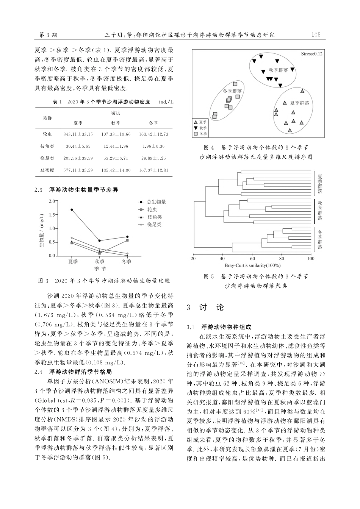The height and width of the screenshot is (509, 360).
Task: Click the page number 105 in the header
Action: (x=315, y=35)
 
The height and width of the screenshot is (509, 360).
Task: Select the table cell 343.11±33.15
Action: (x=78, y=134)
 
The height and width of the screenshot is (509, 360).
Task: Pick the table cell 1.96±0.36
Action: (x=153, y=146)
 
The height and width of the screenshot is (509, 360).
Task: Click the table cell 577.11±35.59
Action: (x=78, y=170)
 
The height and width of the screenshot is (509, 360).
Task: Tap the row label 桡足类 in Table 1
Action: (x=47, y=158)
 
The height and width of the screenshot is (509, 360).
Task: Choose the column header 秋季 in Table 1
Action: (x=116, y=123)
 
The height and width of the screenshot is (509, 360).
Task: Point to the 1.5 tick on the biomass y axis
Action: (x=52, y=215)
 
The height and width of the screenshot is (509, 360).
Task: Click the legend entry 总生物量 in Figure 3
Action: (x=156, y=202)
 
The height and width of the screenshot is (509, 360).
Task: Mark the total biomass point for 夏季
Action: (x=72, y=210)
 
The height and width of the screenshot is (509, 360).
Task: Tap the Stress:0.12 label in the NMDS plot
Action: (x=311, y=54)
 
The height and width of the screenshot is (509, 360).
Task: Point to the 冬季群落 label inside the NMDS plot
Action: (x=232, y=91)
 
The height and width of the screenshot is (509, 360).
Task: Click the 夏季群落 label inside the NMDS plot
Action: (x=299, y=103)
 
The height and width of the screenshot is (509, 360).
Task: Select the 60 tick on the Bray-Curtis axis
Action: (x=252, y=259)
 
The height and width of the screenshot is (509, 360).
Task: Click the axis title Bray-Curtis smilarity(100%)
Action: (x=252, y=265)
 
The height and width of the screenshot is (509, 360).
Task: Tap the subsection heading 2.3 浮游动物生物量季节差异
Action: (x=76, y=190)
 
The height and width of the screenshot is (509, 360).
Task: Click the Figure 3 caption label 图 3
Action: (x=44, y=281)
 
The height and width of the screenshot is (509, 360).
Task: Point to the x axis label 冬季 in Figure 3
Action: (x=127, y=262)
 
